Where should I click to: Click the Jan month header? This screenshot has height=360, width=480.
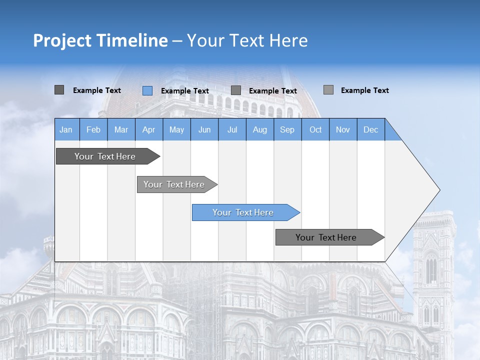[66, 129]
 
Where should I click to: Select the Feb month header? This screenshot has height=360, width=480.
[93, 129]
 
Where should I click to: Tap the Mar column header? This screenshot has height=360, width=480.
[121, 129]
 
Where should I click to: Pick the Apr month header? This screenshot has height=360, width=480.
[149, 129]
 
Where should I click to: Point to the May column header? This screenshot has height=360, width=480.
[176, 129]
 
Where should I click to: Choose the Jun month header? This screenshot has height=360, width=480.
[204, 129]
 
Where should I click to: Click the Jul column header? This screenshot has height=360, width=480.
[232, 129]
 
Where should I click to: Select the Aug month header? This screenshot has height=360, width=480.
[260, 129]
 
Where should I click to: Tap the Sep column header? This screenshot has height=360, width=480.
[287, 129]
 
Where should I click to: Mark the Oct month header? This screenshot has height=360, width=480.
[315, 129]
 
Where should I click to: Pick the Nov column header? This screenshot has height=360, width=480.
[343, 129]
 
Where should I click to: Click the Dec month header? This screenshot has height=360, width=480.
[371, 129]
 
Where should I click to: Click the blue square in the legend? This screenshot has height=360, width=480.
[147, 90]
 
